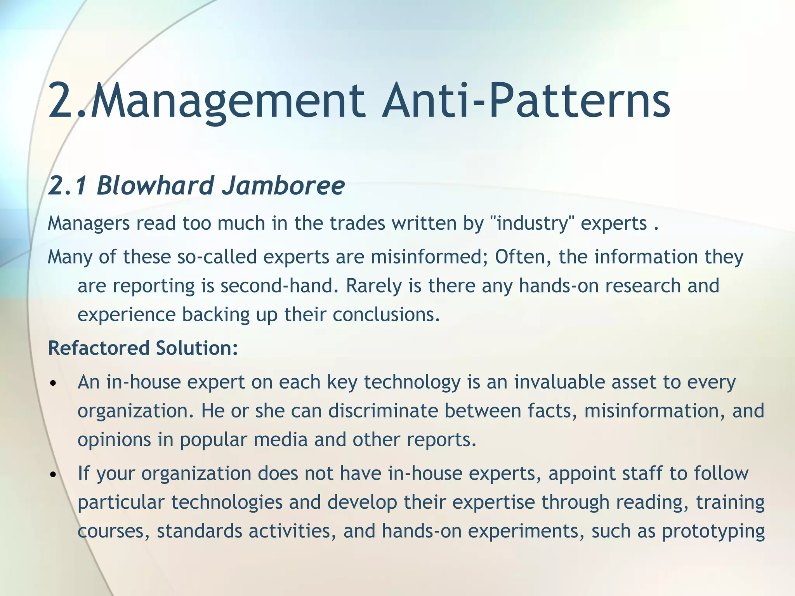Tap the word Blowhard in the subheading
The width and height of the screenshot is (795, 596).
(x=155, y=185)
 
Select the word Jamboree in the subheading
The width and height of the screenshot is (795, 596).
(x=283, y=185)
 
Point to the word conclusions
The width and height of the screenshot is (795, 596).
(x=386, y=314)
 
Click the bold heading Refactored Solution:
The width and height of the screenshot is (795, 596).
(x=143, y=348)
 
